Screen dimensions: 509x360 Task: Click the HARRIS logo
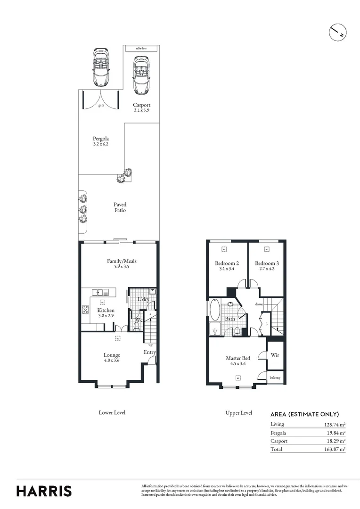click(x=44, y=491)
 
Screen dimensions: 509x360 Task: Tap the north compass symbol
click(x=337, y=32)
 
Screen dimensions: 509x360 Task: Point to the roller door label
click(x=141, y=48)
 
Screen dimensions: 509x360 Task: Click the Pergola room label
click(x=101, y=139)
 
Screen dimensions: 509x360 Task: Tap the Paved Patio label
click(x=120, y=207)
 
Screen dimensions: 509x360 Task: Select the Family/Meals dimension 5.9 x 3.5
click(x=122, y=267)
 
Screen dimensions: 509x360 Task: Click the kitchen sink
click(x=99, y=292)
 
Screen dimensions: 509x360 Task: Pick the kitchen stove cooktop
click(x=87, y=310)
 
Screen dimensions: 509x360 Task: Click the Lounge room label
click(x=112, y=355)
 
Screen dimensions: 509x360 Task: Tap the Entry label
click(x=150, y=352)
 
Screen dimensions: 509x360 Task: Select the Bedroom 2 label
click(x=227, y=263)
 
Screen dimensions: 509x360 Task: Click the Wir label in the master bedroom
click(x=275, y=355)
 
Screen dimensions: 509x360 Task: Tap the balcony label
click(x=275, y=378)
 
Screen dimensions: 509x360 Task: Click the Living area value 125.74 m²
click(x=332, y=424)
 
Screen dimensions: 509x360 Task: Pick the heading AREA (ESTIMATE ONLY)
click(x=304, y=415)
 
